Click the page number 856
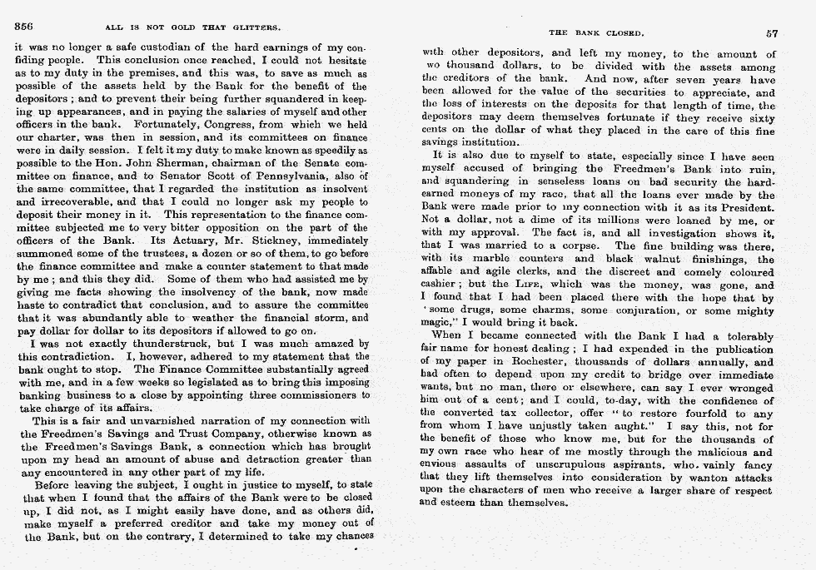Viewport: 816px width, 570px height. pyautogui.click(x=24, y=26)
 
